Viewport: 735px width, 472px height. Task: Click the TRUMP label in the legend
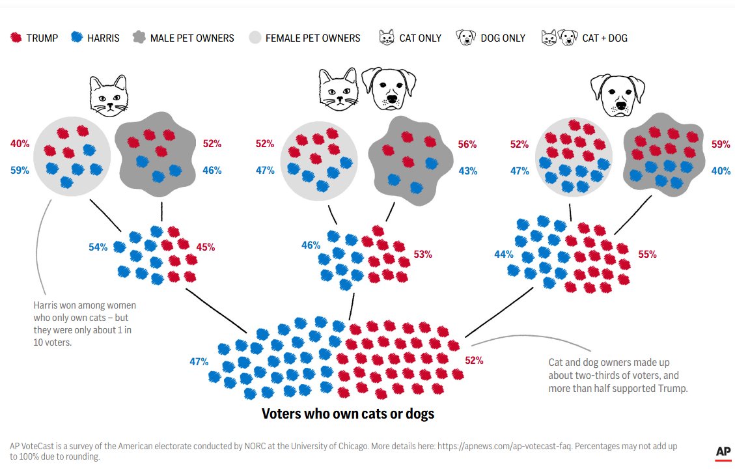click(x=42, y=38)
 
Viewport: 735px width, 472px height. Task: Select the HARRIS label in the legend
click(x=104, y=38)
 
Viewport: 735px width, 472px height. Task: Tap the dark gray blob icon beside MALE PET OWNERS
click(x=139, y=38)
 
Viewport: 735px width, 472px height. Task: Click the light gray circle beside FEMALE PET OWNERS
click(x=255, y=38)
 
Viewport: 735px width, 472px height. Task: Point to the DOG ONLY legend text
click(x=503, y=38)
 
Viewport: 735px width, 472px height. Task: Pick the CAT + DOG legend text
click(x=605, y=38)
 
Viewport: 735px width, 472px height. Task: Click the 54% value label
click(x=98, y=247)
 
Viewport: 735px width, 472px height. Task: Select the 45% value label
click(x=206, y=247)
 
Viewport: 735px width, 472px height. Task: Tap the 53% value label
click(x=423, y=254)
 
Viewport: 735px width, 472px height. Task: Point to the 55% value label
click(x=647, y=254)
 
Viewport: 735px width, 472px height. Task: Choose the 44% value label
click(x=504, y=254)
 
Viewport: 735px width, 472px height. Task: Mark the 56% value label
click(x=467, y=145)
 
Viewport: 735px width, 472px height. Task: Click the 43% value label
click(x=467, y=171)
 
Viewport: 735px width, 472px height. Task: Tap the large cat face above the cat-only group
click(x=109, y=95)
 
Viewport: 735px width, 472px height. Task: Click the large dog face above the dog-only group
click(x=617, y=95)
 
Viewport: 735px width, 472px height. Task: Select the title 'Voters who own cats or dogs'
click(x=348, y=413)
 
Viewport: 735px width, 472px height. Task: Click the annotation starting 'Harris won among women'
click(x=85, y=324)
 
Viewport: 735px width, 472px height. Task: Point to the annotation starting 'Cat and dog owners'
click(x=617, y=375)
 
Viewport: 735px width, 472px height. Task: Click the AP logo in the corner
click(x=723, y=452)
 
